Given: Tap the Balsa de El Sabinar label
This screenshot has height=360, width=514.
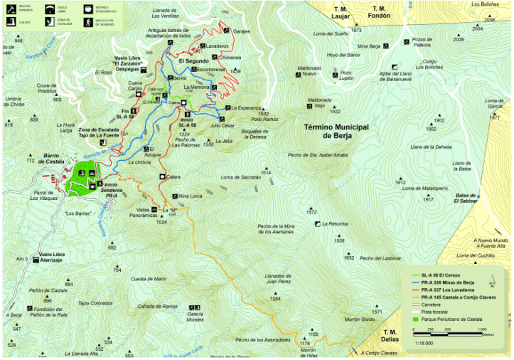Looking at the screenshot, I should [466, 198].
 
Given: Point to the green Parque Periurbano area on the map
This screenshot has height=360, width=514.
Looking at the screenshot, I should [82, 178].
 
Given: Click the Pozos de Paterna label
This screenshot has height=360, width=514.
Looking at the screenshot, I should [422, 42].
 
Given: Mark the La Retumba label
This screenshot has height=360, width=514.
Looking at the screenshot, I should [335, 224].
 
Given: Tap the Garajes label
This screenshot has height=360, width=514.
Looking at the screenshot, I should [242, 32].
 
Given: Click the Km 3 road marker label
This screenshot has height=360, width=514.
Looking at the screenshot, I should [21, 259].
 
